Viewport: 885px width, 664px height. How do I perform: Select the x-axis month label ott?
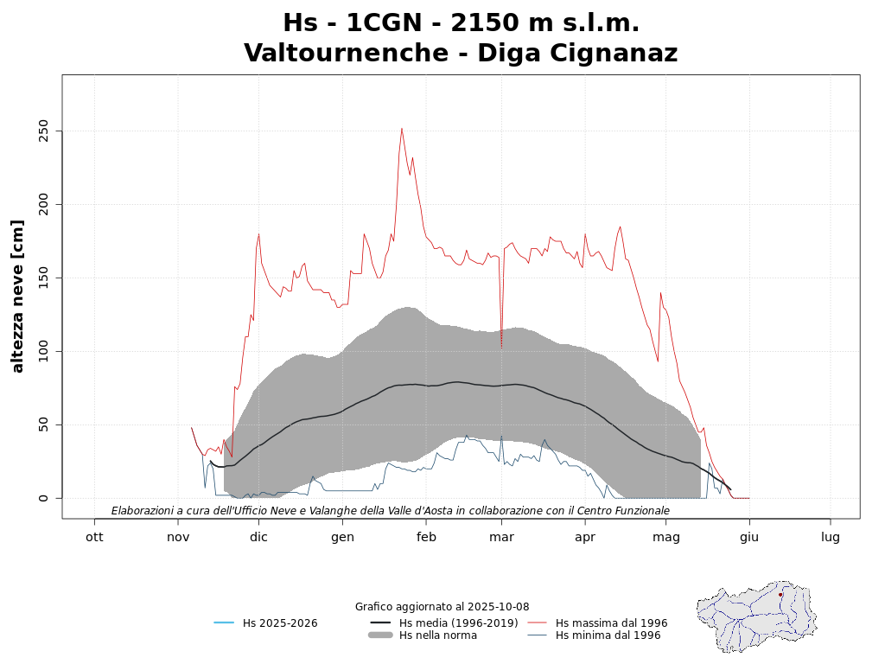94,537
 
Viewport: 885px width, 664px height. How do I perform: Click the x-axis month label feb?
426,537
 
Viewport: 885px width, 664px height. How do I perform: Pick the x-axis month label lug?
831,537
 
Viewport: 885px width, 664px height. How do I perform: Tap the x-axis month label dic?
258,537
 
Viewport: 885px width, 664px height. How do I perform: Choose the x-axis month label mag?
666,537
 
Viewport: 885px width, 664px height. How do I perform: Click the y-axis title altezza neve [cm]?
18,297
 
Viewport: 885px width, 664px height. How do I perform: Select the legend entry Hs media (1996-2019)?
458,622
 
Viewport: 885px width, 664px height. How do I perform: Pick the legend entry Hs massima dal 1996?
611,622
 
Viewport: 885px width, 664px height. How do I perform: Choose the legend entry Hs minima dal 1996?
608,635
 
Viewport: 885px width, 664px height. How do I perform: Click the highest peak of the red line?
402,129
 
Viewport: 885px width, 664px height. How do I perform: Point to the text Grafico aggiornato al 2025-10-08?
442,607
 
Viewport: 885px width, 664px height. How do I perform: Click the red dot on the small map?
780,595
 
